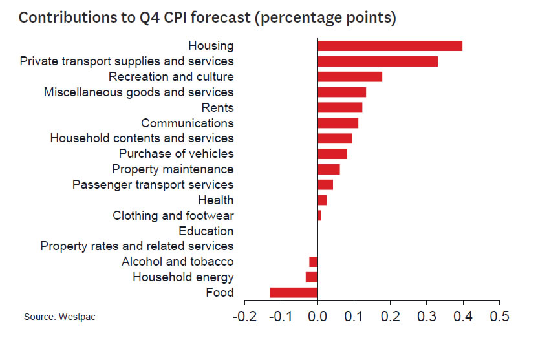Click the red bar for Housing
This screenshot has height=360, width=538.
tap(390, 45)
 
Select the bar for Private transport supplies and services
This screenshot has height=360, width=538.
tap(378, 61)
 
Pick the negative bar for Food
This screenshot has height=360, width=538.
tap(294, 293)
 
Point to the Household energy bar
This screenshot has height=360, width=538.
tap(312, 277)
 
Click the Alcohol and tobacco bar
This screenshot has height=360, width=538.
tap(314, 262)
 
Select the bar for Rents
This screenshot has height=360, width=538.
tap(340, 107)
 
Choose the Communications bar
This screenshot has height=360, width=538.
tap(338, 123)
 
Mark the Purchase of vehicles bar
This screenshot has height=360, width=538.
tap(332, 154)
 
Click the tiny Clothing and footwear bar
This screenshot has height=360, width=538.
tap(319, 215)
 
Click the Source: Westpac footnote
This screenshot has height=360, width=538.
tap(55, 317)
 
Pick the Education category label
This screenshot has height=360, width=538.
tap(206, 231)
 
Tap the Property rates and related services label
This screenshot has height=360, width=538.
tap(137, 246)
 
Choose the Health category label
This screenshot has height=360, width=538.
tap(216, 200)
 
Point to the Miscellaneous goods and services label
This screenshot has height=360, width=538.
tap(138, 92)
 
